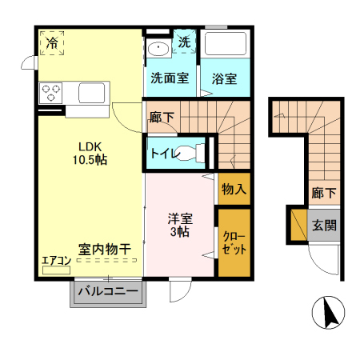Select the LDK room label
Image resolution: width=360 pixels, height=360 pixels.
pos(89,146)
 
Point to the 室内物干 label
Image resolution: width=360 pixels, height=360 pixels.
pos(105,250)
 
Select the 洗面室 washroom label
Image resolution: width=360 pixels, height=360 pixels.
pos(170,78)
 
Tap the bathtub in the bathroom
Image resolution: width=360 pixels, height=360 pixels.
pos(226,48)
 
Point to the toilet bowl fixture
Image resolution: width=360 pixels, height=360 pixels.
pos(190,151)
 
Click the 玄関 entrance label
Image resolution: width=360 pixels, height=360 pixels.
pos(324,225)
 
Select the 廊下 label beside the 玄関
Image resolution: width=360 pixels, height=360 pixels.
pos(323,193)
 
